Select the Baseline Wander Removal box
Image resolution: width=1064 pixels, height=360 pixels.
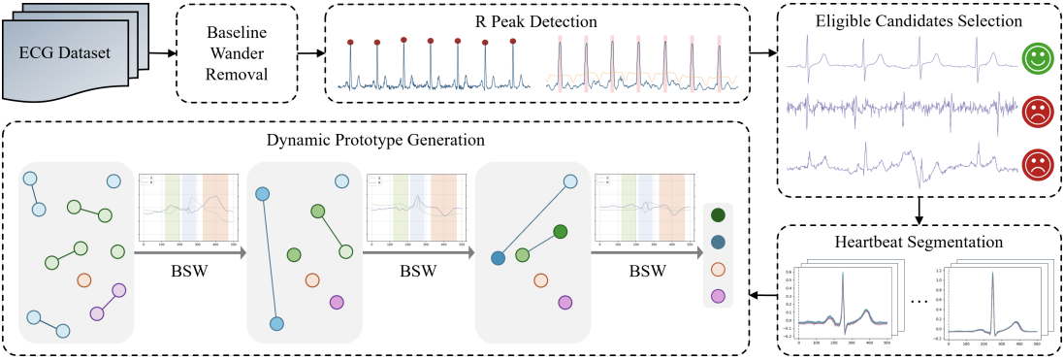point(235,51)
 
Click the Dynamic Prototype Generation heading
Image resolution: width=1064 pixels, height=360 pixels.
point(377,140)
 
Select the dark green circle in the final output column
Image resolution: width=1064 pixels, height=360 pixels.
point(719,216)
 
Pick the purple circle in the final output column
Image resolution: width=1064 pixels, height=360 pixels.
point(719,295)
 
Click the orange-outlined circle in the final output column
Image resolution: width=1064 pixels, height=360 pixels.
point(719,269)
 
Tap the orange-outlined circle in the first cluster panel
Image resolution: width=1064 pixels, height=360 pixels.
point(83,280)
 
